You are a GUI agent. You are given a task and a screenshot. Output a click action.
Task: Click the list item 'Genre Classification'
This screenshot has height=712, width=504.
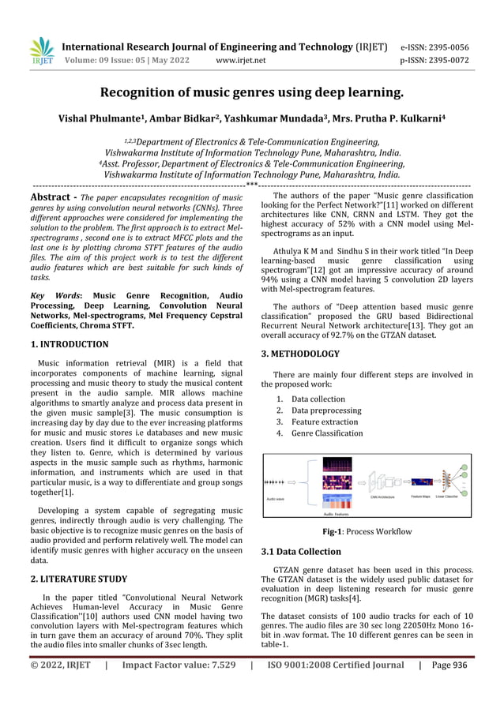327,433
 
